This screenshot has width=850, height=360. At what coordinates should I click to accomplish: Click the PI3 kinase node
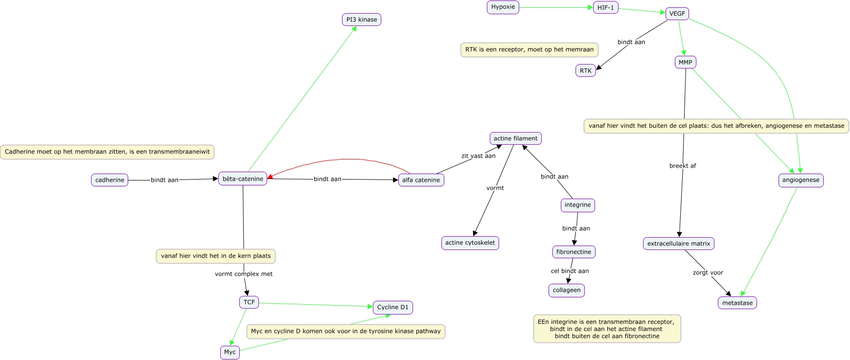click(361, 20)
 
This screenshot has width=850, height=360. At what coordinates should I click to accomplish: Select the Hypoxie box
click(503, 7)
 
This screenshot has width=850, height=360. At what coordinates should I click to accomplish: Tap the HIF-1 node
click(605, 8)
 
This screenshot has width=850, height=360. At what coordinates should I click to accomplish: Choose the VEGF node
click(677, 14)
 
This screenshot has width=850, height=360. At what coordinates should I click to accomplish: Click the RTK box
click(585, 71)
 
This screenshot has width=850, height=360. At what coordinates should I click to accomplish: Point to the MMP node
click(685, 63)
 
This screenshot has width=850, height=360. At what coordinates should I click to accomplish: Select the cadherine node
click(110, 180)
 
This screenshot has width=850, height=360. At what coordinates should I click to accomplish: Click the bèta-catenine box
click(243, 179)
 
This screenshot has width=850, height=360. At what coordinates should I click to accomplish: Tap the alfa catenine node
click(421, 180)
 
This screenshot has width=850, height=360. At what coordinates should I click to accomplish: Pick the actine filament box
click(515, 138)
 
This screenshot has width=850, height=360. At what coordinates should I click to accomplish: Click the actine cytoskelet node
click(470, 243)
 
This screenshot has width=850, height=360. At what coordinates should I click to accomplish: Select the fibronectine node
click(574, 252)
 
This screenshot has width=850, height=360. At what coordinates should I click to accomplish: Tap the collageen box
click(566, 291)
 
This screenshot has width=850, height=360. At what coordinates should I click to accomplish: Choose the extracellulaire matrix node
click(678, 244)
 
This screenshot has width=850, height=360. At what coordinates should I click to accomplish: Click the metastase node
click(737, 303)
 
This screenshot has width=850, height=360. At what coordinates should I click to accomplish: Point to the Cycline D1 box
click(392, 308)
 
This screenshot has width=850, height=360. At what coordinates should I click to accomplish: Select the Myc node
click(230, 352)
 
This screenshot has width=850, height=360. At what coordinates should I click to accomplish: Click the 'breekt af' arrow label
click(682, 166)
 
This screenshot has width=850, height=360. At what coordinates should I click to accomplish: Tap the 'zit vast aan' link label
click(478, 156)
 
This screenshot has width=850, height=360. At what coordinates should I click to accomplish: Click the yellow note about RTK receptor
click(529, 49)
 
